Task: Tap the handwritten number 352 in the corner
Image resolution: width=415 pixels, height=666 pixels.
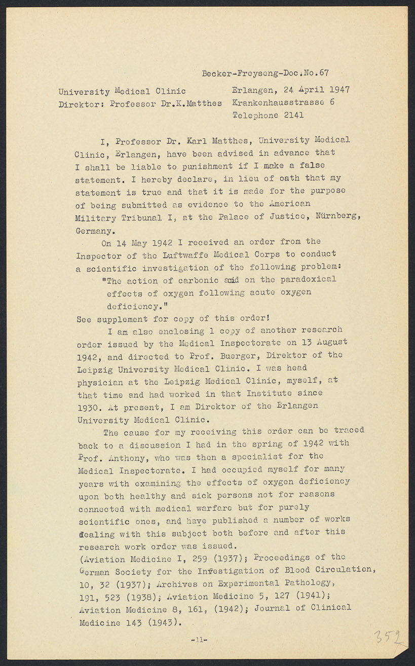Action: click(388, 637)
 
